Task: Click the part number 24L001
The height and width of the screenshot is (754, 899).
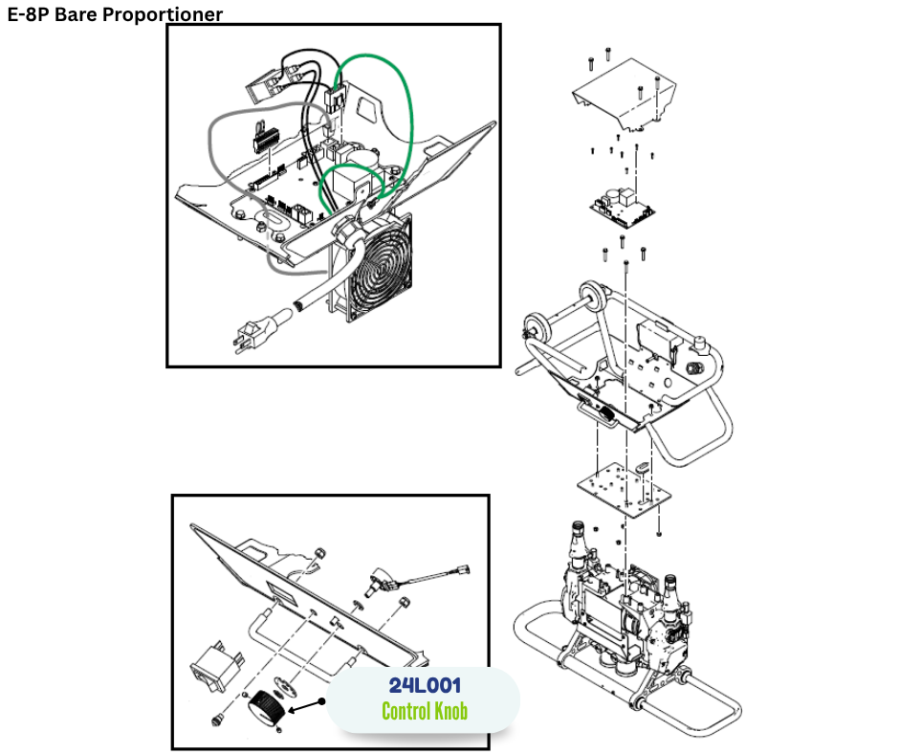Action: [425, 686]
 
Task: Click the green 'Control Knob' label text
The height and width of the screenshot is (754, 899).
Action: [425, 711]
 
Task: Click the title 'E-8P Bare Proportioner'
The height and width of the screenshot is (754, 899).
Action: [115, 14]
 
